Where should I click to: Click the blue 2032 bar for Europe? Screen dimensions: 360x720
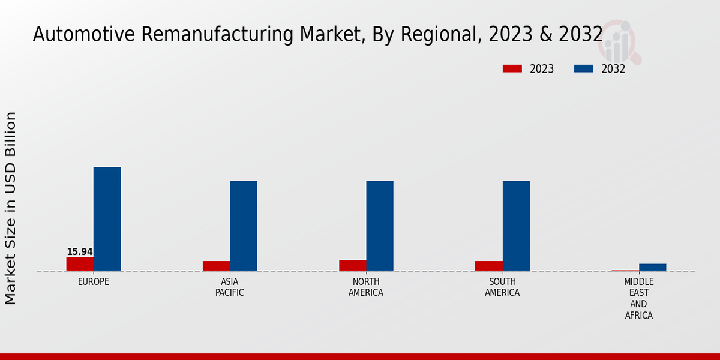(107, 219)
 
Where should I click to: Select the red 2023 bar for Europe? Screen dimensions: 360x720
(80, 264)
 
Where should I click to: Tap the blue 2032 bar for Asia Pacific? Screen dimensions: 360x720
(243, 226)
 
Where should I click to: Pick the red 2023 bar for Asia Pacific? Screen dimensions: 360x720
(216, 266)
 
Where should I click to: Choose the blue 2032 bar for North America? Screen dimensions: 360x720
(380, 226)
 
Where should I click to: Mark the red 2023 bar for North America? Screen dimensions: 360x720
(352, 265)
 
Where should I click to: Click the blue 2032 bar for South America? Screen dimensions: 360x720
(516, 226)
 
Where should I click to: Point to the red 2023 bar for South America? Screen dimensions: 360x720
(488, 266)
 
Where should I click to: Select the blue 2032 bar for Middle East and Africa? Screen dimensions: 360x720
(652, 268)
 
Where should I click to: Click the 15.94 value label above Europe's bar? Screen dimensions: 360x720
(80, 252)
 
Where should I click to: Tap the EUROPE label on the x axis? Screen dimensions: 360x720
(94, 281)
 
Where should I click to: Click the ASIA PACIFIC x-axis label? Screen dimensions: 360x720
(230, 287)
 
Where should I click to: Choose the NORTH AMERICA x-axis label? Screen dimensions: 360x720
(366, 287)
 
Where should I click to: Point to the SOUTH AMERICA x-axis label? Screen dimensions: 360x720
(502, 287)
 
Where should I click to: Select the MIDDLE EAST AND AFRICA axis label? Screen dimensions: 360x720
(639, 298)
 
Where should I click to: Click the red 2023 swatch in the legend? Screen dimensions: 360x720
(512, 69)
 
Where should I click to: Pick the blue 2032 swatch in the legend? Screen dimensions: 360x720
(583, 69)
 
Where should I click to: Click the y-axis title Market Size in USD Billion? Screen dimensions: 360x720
(11, 208)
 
